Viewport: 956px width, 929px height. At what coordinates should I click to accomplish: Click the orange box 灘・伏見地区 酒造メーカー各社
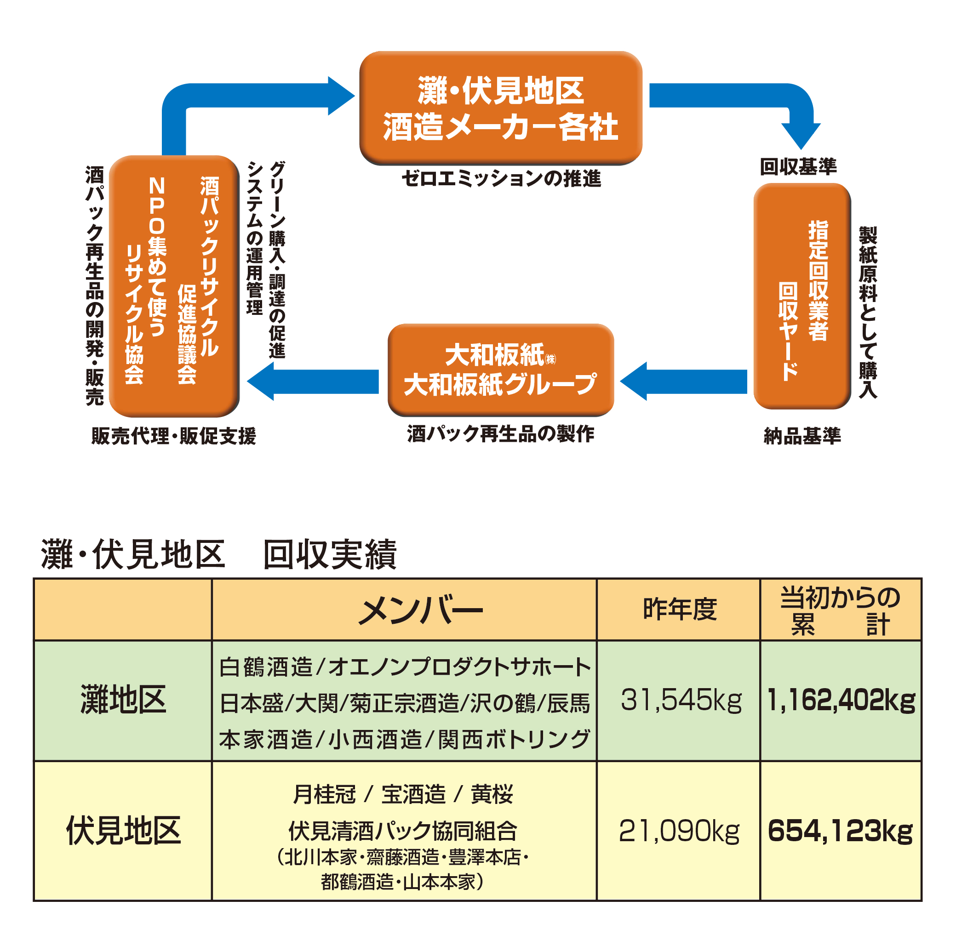(x=501, y=108)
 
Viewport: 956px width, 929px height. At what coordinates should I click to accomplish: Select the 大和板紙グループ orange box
(x=501, y=370)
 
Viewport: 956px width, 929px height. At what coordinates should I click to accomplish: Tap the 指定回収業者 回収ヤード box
(x=802, y=296)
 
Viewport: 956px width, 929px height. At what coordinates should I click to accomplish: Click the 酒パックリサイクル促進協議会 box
(x=174, y=286)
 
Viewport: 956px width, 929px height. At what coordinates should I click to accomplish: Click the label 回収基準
(x=798, y=167)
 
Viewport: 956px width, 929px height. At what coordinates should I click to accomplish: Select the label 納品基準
(x=802, y=436)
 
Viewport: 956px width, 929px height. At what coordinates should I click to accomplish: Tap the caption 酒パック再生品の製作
(x=501, y=434)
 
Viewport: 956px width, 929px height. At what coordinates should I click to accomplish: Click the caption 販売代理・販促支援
(x=174, y=436)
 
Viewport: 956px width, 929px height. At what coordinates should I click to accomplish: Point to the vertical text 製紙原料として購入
(x=868, y=312)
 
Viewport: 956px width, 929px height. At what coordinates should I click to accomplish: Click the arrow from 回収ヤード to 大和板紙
(x=683, y=381)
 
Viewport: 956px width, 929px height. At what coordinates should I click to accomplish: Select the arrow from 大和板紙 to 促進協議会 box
(x=313, y=381)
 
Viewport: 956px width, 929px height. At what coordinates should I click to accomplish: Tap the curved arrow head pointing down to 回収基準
(x=801, y=136)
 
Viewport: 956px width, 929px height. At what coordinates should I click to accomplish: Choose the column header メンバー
(x=421, y=610)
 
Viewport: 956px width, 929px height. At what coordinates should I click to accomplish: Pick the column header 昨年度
(x=680, y=610)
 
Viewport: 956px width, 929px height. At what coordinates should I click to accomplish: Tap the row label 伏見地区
(x=123, y=831)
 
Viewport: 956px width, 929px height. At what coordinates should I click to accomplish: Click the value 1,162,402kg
(x=841, y=700)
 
